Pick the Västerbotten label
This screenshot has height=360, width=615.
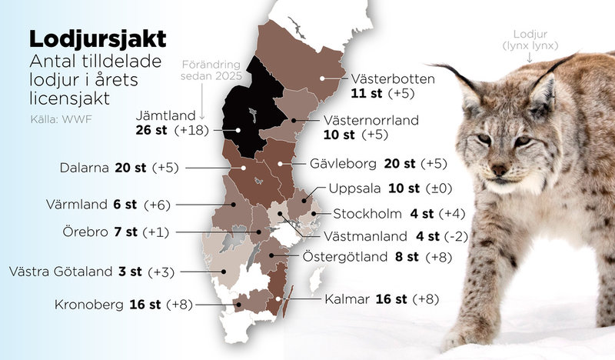tap(394, 79)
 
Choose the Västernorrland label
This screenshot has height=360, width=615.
tap(381, 120)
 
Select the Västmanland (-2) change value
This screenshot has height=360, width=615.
tap(459, 235)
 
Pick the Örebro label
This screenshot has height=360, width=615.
tap(79, 232)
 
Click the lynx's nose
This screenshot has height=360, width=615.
tap(499, 169)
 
